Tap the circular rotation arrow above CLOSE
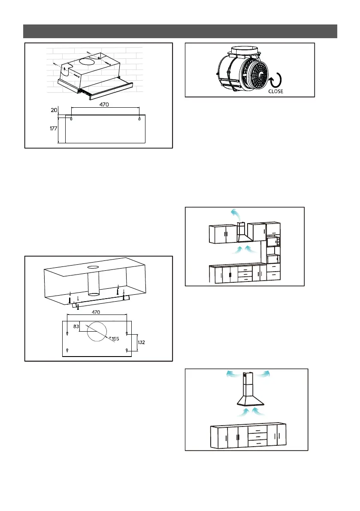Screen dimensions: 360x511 tap(274, 81)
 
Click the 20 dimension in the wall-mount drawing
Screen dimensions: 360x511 tap(54, 110)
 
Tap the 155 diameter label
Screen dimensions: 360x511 tap(115, 339)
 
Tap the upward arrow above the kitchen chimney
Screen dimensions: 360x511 tap(235, 212)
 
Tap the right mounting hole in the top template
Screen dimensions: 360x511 tap(140, 118)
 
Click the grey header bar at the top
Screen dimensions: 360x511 tap(180, 31)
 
